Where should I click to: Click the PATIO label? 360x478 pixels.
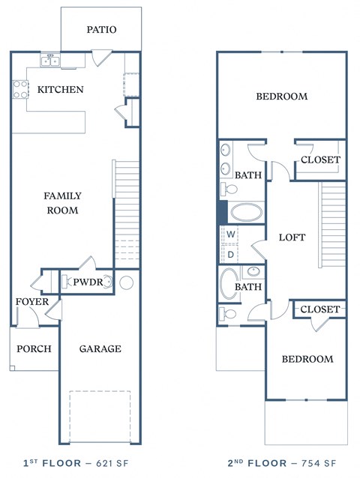click(x=101, y=30)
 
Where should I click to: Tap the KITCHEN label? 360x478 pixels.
click(x=61, y=90)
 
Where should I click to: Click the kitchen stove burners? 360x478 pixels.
click(x=19, y=90)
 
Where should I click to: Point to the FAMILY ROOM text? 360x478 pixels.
click(x=62, y=203)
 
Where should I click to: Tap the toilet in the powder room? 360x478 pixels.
click(x=109, y=282)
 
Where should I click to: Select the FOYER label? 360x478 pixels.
click(x=32, y=302)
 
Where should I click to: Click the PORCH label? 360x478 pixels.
click(x=34, y=348)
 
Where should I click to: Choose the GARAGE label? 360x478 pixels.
click(x=100, y=348)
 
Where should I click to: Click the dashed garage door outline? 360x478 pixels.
click(x=100, y=415)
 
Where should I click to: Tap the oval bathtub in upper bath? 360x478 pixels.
click(x=246, y=211)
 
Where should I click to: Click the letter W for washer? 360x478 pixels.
click(x=232, y=235)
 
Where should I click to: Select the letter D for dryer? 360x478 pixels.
click(x=232, y=254)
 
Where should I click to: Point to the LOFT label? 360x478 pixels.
click(x=292, y=238)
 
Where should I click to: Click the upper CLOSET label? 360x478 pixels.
click(x=320, y=160)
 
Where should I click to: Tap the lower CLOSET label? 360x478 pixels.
click(x=320, y=309)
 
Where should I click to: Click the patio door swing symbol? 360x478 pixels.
click(x=100, y=58)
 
